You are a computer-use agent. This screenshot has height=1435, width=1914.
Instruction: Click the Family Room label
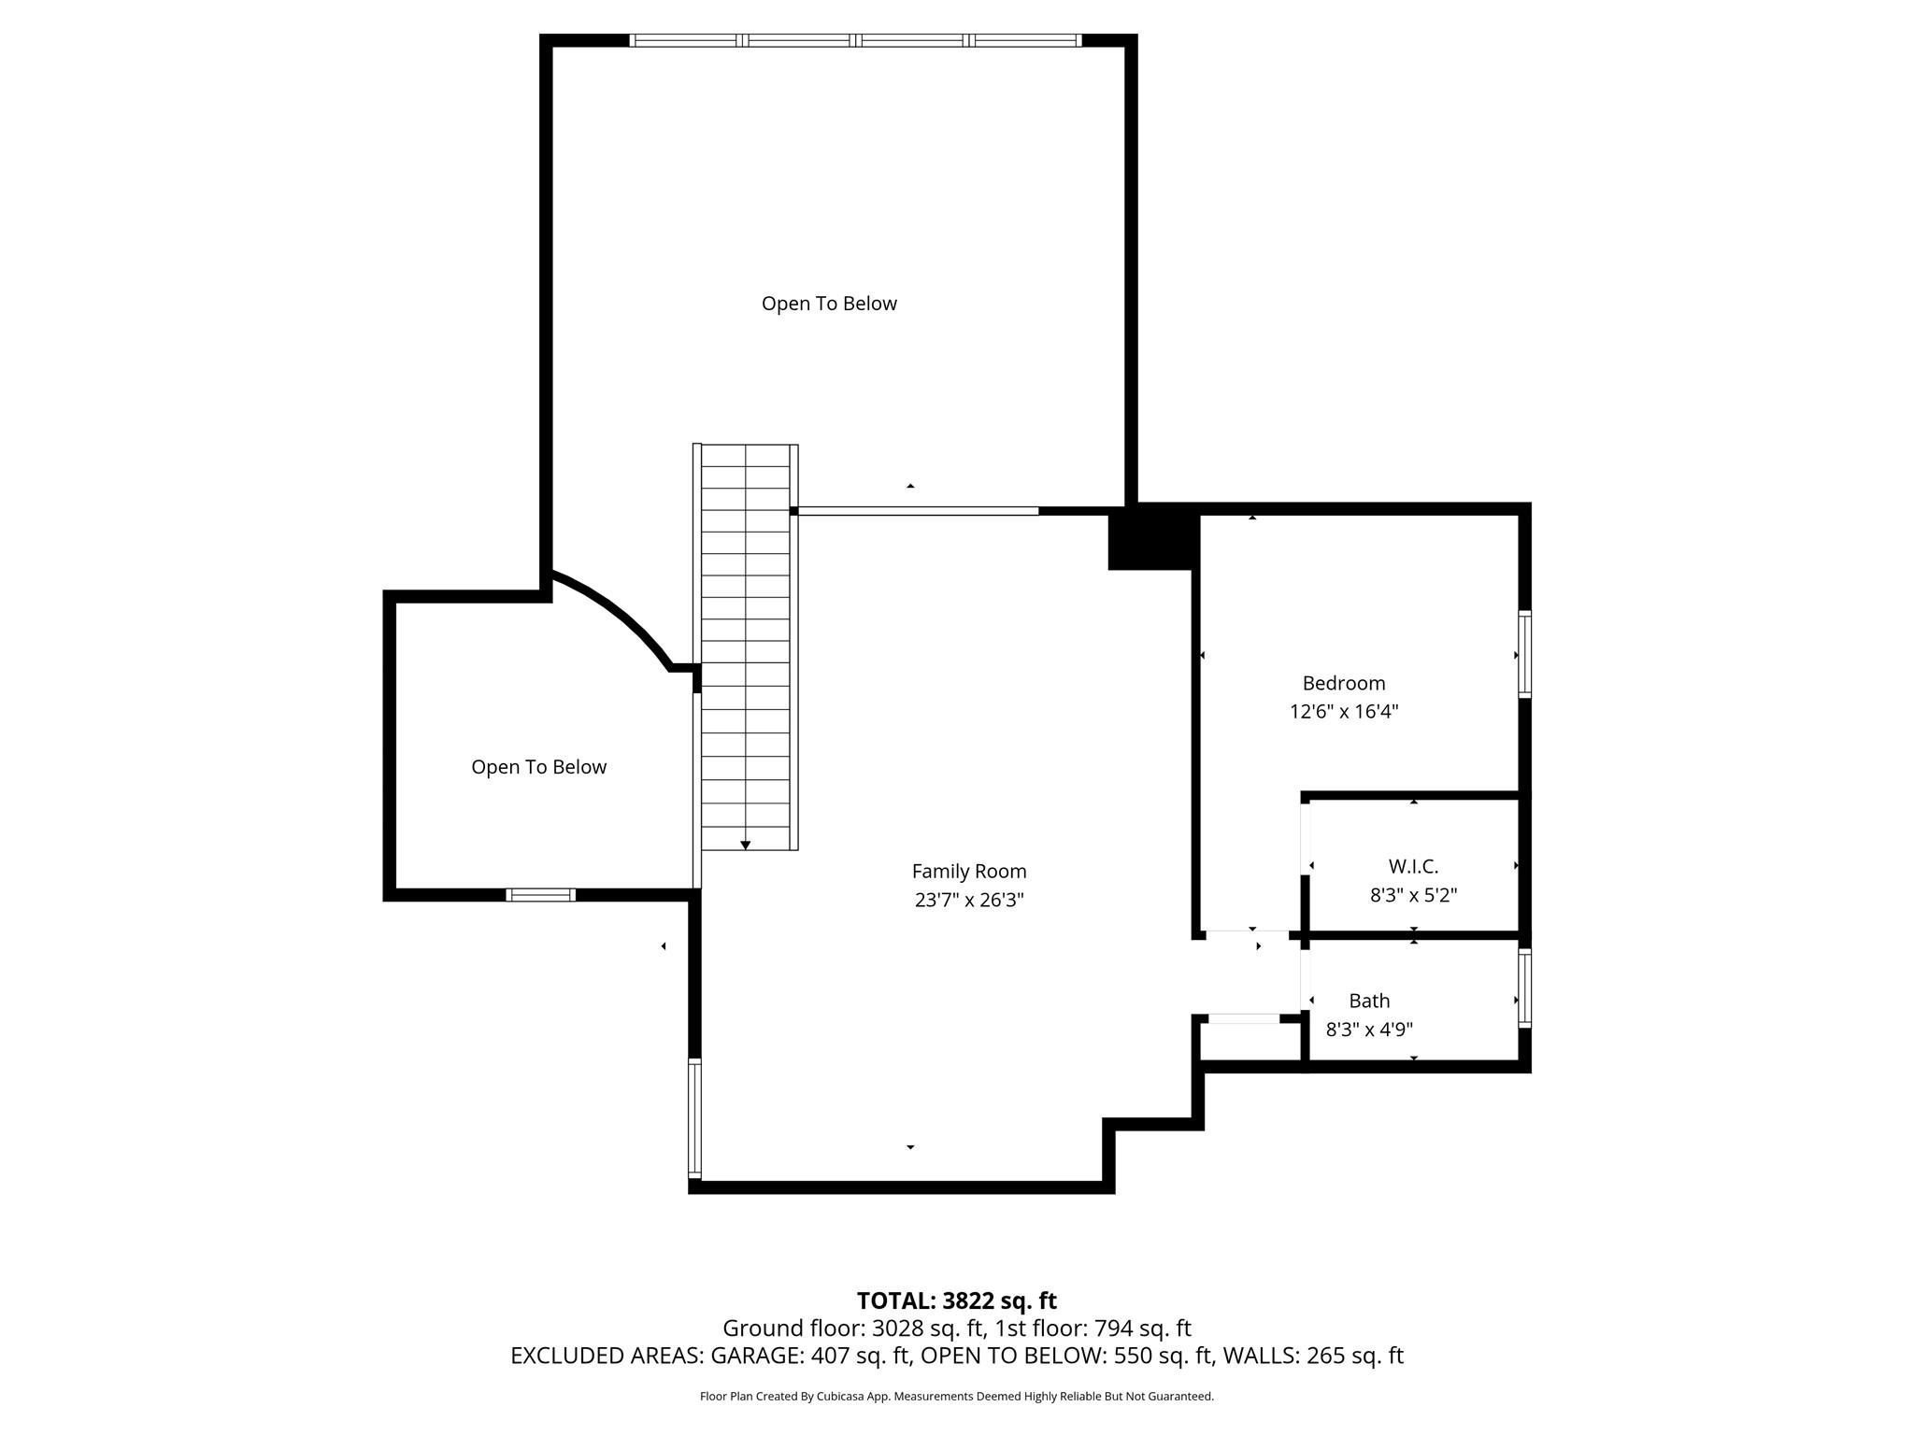[969, 872]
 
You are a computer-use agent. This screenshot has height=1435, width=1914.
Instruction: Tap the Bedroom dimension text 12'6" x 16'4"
[1344, 712]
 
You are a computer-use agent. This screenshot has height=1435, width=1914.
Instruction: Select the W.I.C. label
[1413, 867]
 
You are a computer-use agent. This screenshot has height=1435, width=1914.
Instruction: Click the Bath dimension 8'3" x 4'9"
[1369, 1030]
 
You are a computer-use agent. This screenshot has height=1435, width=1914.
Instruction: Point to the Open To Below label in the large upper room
[829, 304]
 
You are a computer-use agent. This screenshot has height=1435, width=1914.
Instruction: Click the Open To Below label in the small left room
[538, 767]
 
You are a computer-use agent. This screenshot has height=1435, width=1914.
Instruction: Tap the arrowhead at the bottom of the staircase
[746, 845]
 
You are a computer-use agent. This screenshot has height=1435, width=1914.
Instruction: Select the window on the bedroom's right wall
[1524, 654]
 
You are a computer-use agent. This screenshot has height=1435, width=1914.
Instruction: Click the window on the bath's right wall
[1524, 988]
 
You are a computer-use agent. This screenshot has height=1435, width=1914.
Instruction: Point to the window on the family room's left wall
[694, 1118]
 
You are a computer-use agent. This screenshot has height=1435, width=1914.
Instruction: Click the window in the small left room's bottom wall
[540, 895]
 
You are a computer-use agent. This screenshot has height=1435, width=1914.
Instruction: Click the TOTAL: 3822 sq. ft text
[956, 1300]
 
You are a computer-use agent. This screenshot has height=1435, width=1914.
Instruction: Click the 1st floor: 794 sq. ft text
[1093, 1328]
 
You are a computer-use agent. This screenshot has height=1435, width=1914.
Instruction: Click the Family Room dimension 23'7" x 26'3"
[969, 901]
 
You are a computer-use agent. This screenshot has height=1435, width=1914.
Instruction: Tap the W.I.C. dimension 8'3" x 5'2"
[1413, 895]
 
